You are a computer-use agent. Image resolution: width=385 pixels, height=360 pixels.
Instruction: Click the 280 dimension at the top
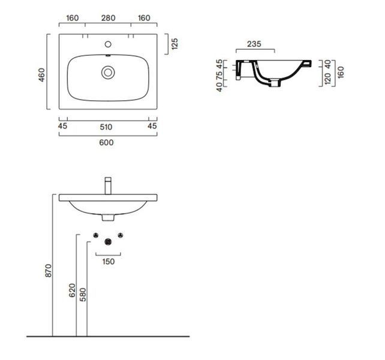[109, 18]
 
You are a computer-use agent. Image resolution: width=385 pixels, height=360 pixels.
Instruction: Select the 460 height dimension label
[42, 75]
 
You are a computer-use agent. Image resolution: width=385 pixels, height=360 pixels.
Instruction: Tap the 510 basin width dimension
[106, 127]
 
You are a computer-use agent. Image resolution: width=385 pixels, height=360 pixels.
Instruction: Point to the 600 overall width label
[106, 143]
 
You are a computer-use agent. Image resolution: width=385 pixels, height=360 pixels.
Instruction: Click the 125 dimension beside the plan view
[175, 44]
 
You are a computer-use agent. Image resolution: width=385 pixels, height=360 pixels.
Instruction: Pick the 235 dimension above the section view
[254, 44]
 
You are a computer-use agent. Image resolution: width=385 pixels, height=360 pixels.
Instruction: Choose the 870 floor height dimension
[49, 271]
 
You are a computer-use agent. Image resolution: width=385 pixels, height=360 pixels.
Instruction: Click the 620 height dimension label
[72, 290]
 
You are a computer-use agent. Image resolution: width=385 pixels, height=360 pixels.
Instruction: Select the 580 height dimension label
[83, 295]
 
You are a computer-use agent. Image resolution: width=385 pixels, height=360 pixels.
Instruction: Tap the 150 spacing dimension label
[109, 262]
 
